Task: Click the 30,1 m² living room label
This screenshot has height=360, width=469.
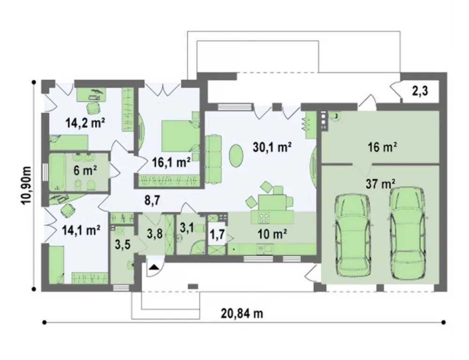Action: coord(272,147)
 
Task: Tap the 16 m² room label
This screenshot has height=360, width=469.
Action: coord(382,147)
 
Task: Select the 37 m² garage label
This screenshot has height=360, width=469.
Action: coord(380,184)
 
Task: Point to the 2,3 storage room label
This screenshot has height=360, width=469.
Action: coord(420,91)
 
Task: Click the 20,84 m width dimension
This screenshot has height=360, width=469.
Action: coord(242,314)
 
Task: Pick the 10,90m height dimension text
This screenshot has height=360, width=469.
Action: coord(26,185)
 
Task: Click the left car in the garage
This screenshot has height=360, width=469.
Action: coord(353,236)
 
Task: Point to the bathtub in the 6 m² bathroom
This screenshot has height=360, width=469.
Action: coord(57,172)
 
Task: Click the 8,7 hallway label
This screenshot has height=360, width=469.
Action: coord(152,201)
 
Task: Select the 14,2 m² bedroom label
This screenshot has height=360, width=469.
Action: coord(85,123)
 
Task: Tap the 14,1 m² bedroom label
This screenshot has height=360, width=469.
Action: coord(81,230)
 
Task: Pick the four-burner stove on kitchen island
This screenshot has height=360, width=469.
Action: coord(264,218)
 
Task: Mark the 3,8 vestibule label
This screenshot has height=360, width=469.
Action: coord(155,234)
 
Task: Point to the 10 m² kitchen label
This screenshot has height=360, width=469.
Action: coord(272,235)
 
